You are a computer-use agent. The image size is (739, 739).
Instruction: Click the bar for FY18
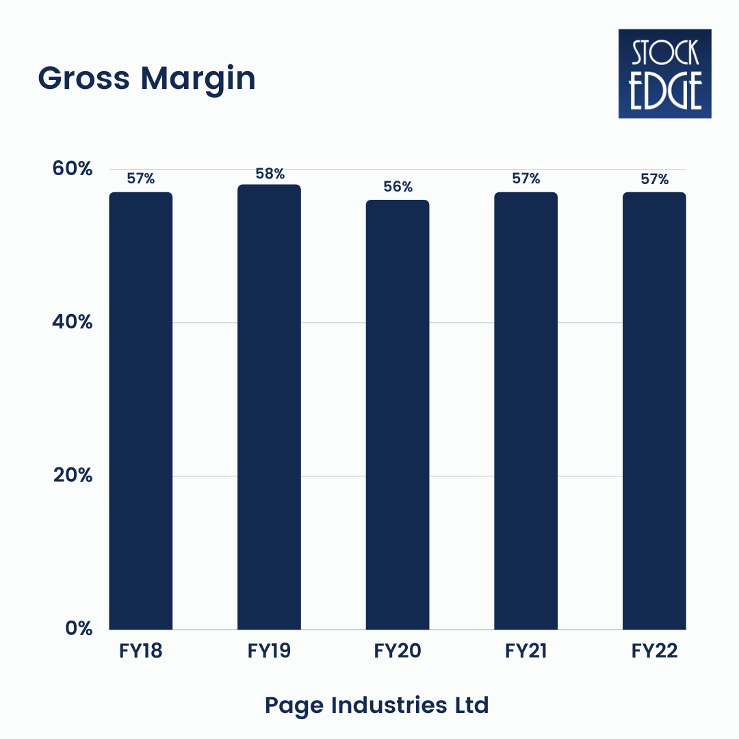(x=141, y=411)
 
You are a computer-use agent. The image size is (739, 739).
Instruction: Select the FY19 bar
(x=269, y=407)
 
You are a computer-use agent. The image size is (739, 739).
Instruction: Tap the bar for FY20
(x=398, y=415)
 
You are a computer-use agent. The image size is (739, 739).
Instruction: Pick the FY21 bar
(x=526, y=411)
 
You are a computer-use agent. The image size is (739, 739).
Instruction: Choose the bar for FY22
(x=654, y=411)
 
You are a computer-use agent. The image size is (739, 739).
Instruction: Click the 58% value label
(x=270, y=174)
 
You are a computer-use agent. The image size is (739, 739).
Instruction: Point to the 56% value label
(x=398, y=187)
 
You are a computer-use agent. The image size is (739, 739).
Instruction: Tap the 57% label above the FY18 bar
(x=141, y=179)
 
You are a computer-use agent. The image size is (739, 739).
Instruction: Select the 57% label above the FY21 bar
(x=526, y=179)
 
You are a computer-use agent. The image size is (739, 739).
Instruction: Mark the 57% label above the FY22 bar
(x=654, y=179)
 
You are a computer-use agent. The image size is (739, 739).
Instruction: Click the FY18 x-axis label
(x=141, y=651)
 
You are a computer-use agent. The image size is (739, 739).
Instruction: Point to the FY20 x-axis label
(x=398, y=651)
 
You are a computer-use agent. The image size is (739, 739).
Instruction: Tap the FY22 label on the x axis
(x=654, y=651)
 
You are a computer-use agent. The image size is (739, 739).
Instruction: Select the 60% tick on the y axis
(x=73, y=168)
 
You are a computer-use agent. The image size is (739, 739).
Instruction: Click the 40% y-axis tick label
(x=73, y=322)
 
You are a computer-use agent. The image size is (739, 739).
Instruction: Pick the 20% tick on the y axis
(x=73, y=475)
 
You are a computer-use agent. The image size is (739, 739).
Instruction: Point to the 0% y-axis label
(x=79, y=628)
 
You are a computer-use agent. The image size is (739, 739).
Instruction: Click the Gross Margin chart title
(x=146, y=79)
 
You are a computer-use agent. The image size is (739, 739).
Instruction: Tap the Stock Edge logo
(x=664, y=74)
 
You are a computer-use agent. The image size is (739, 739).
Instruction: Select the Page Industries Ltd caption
(x=377, y=705)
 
